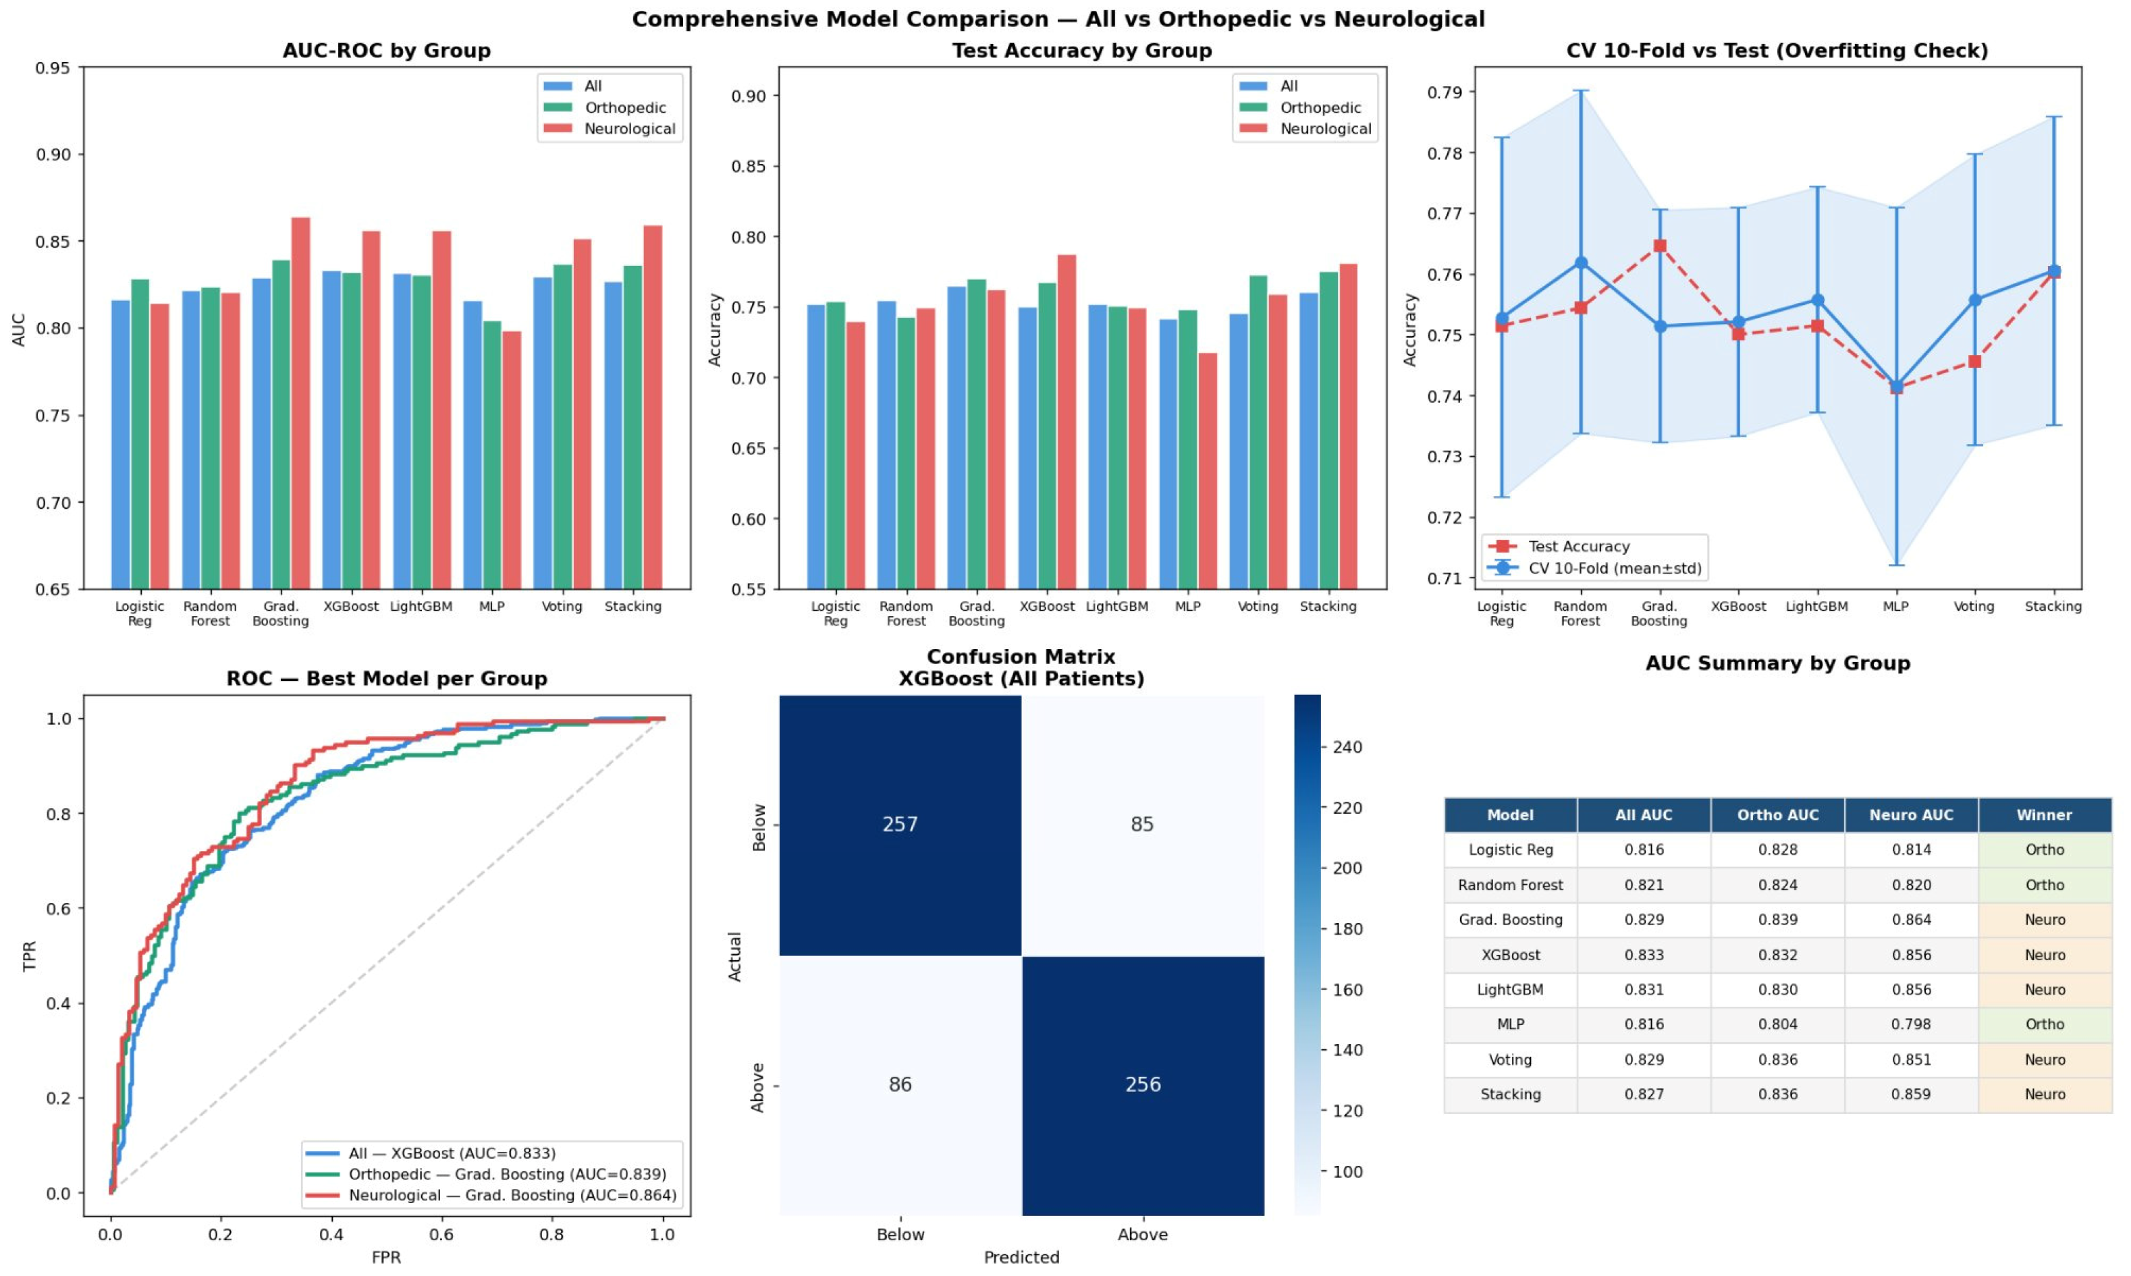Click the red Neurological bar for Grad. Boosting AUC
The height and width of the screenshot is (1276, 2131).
301,404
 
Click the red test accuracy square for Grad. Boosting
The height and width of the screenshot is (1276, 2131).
1660,246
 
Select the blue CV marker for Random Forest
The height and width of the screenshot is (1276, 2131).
1582,263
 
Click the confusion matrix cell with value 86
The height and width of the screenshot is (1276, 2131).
900,1085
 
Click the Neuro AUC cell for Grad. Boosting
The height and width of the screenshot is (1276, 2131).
1911,920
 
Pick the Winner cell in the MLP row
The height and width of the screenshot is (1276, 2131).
2044,1025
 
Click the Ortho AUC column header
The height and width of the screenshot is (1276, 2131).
1777,815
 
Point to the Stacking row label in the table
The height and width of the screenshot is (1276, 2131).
1510,1094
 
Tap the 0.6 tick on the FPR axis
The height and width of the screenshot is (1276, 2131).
442,1235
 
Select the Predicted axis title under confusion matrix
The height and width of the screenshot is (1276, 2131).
1022,1257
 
